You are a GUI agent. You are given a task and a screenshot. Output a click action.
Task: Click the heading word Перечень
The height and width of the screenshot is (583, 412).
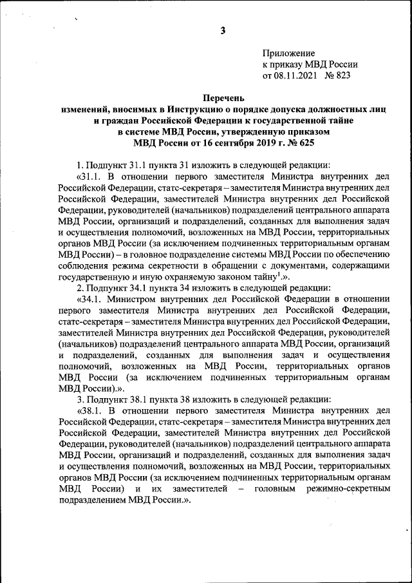click(223, 99)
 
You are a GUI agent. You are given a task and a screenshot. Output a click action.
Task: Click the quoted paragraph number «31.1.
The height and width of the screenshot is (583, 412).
click(90, 176)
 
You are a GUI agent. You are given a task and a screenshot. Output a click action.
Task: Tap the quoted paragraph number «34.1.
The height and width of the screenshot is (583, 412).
click(90, 299)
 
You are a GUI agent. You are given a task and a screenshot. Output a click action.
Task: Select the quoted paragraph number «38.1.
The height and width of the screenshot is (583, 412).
click(90, 410)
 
